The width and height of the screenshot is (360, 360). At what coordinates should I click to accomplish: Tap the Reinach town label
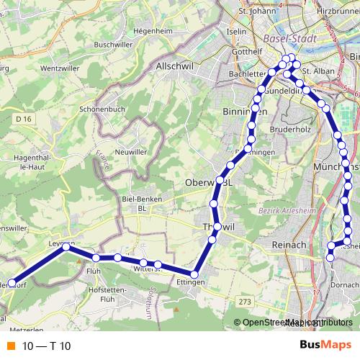click(289, 246)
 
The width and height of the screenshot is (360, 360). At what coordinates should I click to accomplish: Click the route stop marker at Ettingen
click(194, 274)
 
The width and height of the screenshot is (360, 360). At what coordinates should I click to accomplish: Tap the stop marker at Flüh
click(96, 258)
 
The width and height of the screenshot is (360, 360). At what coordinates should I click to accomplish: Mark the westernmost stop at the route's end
click(11, 284)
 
